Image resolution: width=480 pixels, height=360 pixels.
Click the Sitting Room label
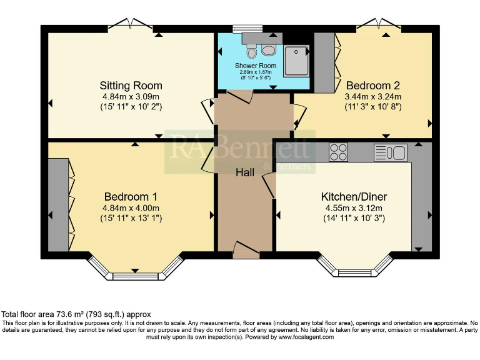[131, 86]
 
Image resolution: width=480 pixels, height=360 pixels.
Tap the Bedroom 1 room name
[131, 196]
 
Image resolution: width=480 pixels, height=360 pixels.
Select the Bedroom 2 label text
[373, 86]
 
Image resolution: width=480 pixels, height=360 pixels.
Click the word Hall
[245, 172]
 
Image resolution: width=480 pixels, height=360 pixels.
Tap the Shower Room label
[255, 66]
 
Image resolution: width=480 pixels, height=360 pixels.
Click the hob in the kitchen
[338, 152]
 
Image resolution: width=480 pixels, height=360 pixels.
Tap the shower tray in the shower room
[296, 61]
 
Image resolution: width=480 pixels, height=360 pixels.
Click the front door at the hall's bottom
[246, 251]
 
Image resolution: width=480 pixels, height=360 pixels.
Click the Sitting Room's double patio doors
[131, 25]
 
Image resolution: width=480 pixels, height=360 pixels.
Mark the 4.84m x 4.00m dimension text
[131, 208]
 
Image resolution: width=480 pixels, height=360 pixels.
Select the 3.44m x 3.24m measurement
[373, 97]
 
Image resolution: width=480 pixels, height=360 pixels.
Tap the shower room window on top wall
[246, 28]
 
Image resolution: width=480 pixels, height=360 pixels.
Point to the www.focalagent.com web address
[306, 336]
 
